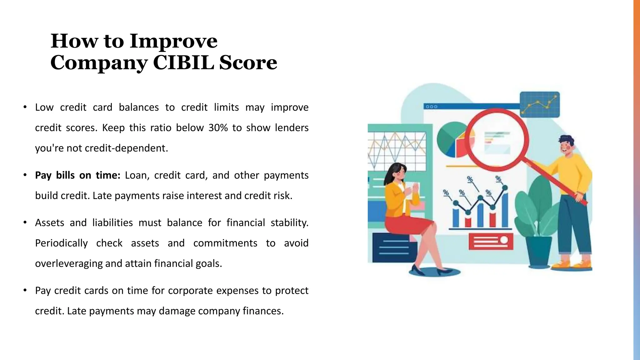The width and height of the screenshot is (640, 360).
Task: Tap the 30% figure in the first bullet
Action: pos(218,128)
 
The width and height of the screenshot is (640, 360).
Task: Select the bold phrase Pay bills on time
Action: pos(77,175)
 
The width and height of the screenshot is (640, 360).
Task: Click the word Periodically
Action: pos(61,243)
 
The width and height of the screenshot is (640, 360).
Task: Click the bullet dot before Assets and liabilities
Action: pos(25,223)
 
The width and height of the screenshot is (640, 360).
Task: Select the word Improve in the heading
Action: pos(173,41)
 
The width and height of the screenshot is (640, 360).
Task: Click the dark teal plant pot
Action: pos(539,252)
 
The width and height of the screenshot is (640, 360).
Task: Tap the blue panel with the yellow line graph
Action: pos(540,104)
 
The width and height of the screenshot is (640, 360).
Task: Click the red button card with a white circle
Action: pos(491,241)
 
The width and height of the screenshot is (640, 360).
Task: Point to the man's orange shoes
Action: pos(572,265)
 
